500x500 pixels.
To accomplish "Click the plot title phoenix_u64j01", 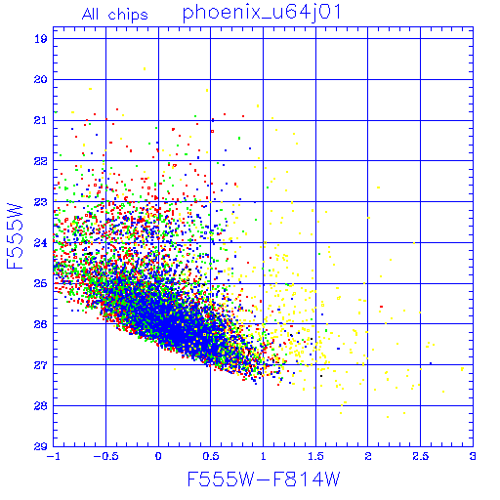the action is [x=262, y=13].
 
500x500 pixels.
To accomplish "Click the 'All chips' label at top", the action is [x=115, y=15].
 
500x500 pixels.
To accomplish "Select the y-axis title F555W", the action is [x=15, y=236].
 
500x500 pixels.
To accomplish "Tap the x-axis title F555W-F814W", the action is [x=264, y=479].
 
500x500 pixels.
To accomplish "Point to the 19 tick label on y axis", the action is [x=41, y=39].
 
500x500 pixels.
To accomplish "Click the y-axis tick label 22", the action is [x=41, y=161].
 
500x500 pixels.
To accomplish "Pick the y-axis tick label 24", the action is [x=41, y=243].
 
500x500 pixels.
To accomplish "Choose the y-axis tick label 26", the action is [x=41, y=324].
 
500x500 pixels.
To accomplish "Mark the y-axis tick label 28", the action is [x=41, y=406].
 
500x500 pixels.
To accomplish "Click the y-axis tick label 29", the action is [x=41, y=446].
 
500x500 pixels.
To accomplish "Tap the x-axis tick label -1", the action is [x=54, y=456].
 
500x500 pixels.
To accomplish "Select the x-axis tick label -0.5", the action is [x=105, y=456].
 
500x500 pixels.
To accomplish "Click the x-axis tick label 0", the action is [x=158, y=456].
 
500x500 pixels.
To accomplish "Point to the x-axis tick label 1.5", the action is [x=315, y=456].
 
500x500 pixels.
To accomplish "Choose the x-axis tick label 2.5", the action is [x=421, y=456].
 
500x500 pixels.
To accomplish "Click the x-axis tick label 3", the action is [x=473, y=456].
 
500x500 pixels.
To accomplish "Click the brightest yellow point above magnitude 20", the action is [x=145, y=68].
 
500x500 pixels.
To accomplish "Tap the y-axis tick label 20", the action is [x=41, y=80].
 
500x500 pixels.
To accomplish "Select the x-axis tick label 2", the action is [x=368, y=456].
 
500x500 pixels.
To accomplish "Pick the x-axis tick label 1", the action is [x=264, y=456].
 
